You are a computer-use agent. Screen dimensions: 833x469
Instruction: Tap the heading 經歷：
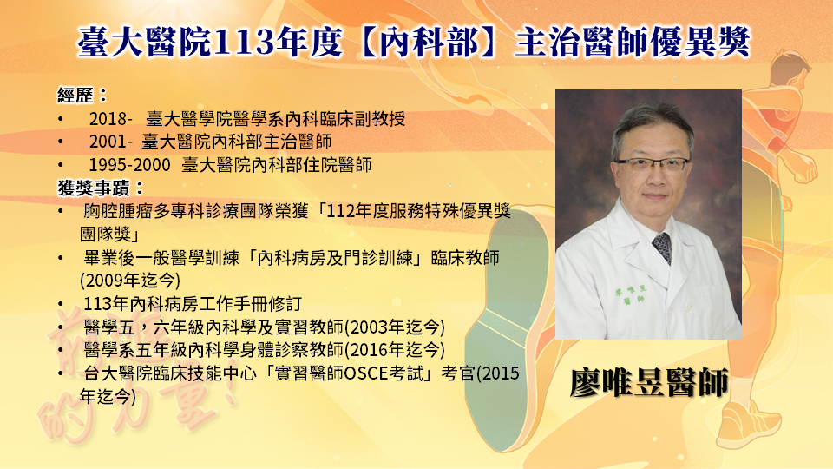point(82,96)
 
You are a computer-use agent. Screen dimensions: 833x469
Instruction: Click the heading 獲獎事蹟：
point(101,188)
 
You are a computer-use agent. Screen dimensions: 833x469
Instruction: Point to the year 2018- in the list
point(110,119)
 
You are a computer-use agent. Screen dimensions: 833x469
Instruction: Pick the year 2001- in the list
point(110,142)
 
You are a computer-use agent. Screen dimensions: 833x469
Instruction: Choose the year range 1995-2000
point(129,165)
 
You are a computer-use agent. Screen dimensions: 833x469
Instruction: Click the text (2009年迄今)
point(130,281)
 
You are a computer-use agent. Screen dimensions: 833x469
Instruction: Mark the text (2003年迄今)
point(395,327)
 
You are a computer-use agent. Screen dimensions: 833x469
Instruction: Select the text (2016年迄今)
point(395,350)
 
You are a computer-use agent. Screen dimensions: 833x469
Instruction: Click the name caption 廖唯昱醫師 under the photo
point(649,382)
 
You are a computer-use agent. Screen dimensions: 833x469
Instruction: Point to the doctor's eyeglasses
point(653,165)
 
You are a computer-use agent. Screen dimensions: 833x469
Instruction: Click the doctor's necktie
point(662,248)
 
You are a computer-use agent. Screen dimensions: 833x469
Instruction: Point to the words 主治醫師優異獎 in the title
point(633,42)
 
